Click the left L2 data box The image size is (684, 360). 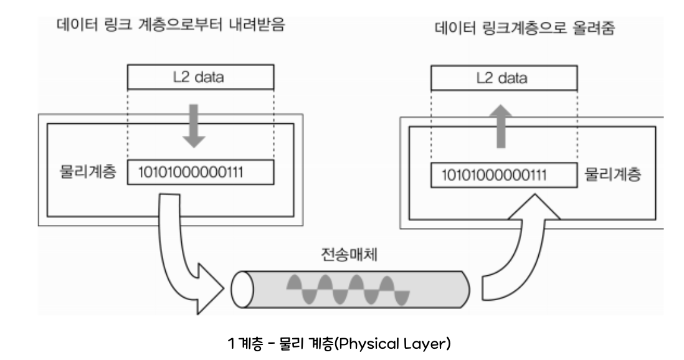click(201, 78)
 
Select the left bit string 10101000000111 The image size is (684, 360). click(200, 173)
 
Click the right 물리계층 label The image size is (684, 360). click(614, 175)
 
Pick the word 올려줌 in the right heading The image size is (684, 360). click(594, 29)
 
